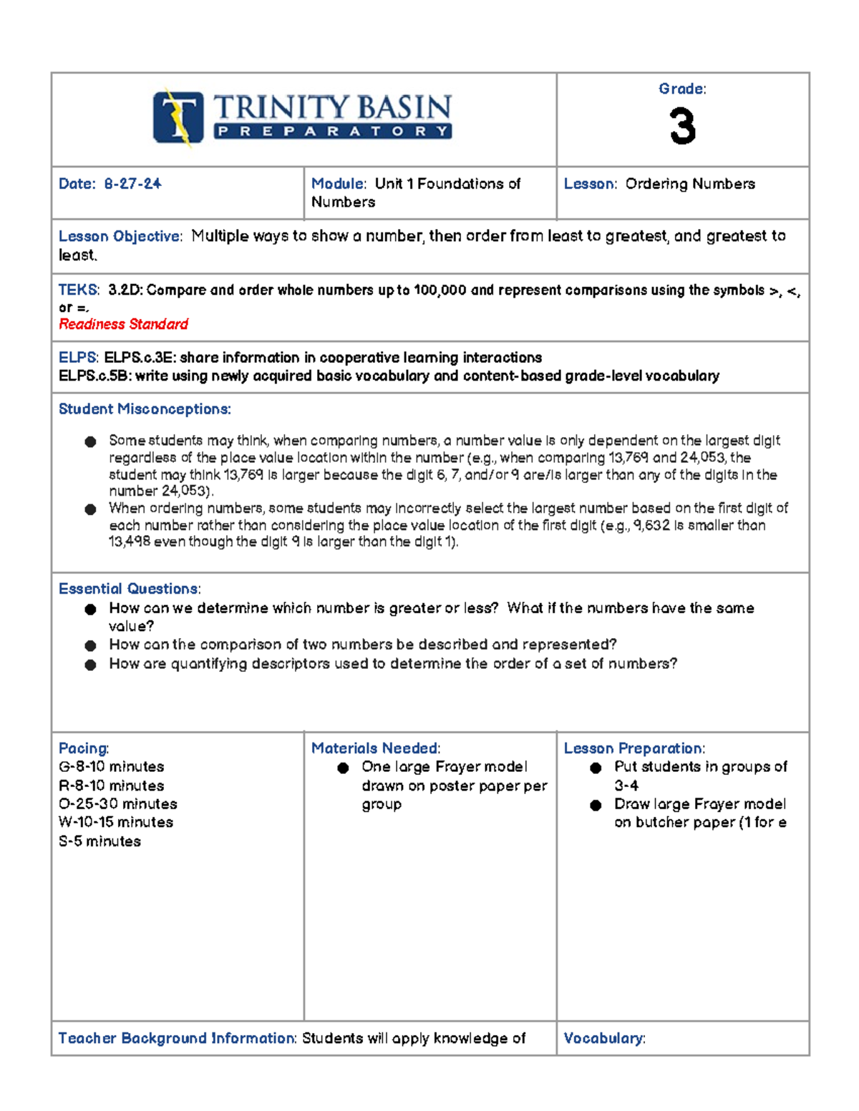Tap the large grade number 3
click(x=682, y=127)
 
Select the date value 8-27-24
click(x=132, y=184)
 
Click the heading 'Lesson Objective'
click(x=120, y=237)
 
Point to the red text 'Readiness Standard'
click(x=123, y=324)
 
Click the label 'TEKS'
click(x=78, y=290)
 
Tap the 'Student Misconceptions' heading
click(x=144, y=409)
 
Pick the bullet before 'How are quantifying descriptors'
click(x=90, y=665)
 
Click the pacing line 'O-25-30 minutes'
click(x=118, y=804)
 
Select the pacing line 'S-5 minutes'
click(x=100, y=841)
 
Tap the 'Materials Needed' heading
click(x=375, y=748)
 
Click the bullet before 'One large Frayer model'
click(x=343, y=768)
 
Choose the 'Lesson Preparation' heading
click(x=634, y=748)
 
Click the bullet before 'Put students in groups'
click(x=596, y=768)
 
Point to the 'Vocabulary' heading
click(x=603, y=1038)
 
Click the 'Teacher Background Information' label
click(x=177, y=1038)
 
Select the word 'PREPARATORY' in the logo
click(x=333, y=132)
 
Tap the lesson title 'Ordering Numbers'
click(x=690, y=184)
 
